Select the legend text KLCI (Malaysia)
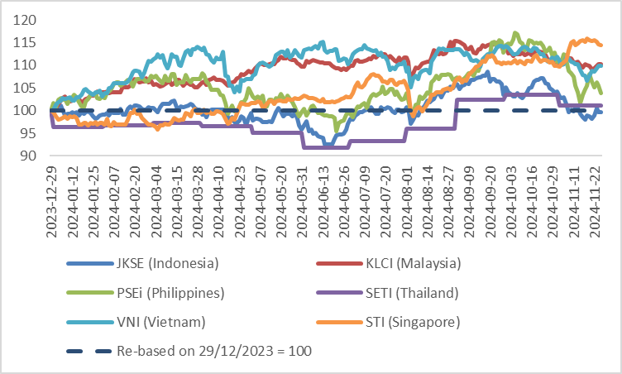tap(407, 264)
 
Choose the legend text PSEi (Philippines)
tap(170, 293)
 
